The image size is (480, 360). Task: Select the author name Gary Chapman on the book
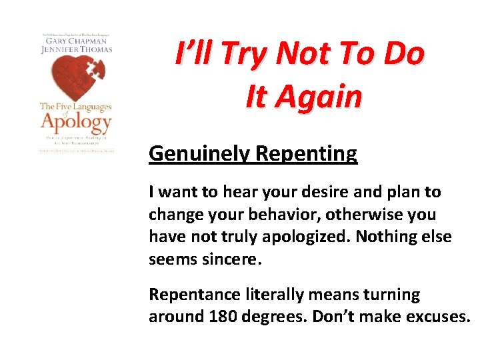pos(75,41)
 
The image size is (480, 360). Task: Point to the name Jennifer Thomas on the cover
pos(75,49)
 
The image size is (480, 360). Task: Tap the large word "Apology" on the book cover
pos(75,122)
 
